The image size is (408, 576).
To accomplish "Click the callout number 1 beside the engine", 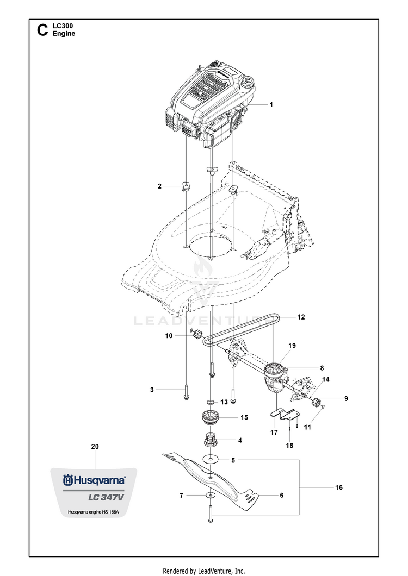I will pos(271,104).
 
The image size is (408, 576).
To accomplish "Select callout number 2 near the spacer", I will pos(159,186).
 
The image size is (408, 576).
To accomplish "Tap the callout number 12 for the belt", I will pos(301,316).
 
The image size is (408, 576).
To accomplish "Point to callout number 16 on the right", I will pos(339,487).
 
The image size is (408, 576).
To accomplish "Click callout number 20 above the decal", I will pos(95,447).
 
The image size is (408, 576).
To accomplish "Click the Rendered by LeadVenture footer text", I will pos(204,571).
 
